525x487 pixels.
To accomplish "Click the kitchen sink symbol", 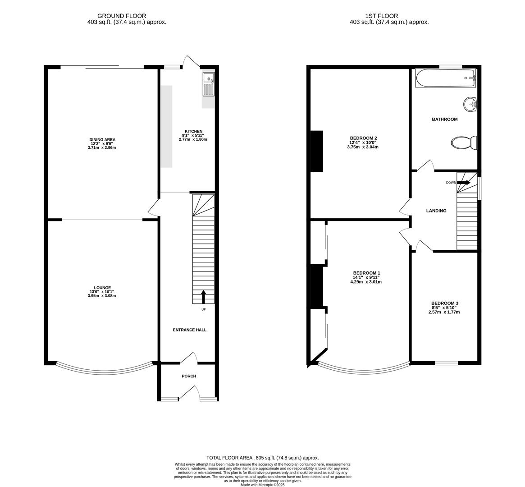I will click(x=209, y=84).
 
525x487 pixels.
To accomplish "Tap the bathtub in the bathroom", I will click(x=445, y=78).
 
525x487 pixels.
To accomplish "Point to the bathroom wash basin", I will click(x=470, y=105).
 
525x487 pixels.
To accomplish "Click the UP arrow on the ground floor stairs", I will click(x=203, y=296).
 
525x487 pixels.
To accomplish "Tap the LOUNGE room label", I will click(x=102, y=288).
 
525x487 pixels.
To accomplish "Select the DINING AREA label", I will click(x=102, y=140).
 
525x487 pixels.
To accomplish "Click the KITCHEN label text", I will click(x=193, y=131).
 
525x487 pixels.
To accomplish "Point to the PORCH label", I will click(x=189, y=376).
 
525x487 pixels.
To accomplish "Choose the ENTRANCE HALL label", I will click(x=189, y=330).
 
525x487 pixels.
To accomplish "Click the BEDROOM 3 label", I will click(x=444, y=303).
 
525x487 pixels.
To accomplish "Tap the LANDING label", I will click(x=436, y=211).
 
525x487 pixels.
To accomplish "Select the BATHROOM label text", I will click(x=444, y=119).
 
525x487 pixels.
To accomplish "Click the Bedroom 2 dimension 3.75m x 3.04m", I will click(x=363, y=147).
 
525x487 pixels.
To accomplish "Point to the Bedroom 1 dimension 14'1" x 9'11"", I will click(x=366, y=277).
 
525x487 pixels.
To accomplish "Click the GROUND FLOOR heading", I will click(x=122, y=16).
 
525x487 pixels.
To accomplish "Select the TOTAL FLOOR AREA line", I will click(x=262, y=457).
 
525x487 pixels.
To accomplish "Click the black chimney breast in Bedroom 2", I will click(x=317, y=151).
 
